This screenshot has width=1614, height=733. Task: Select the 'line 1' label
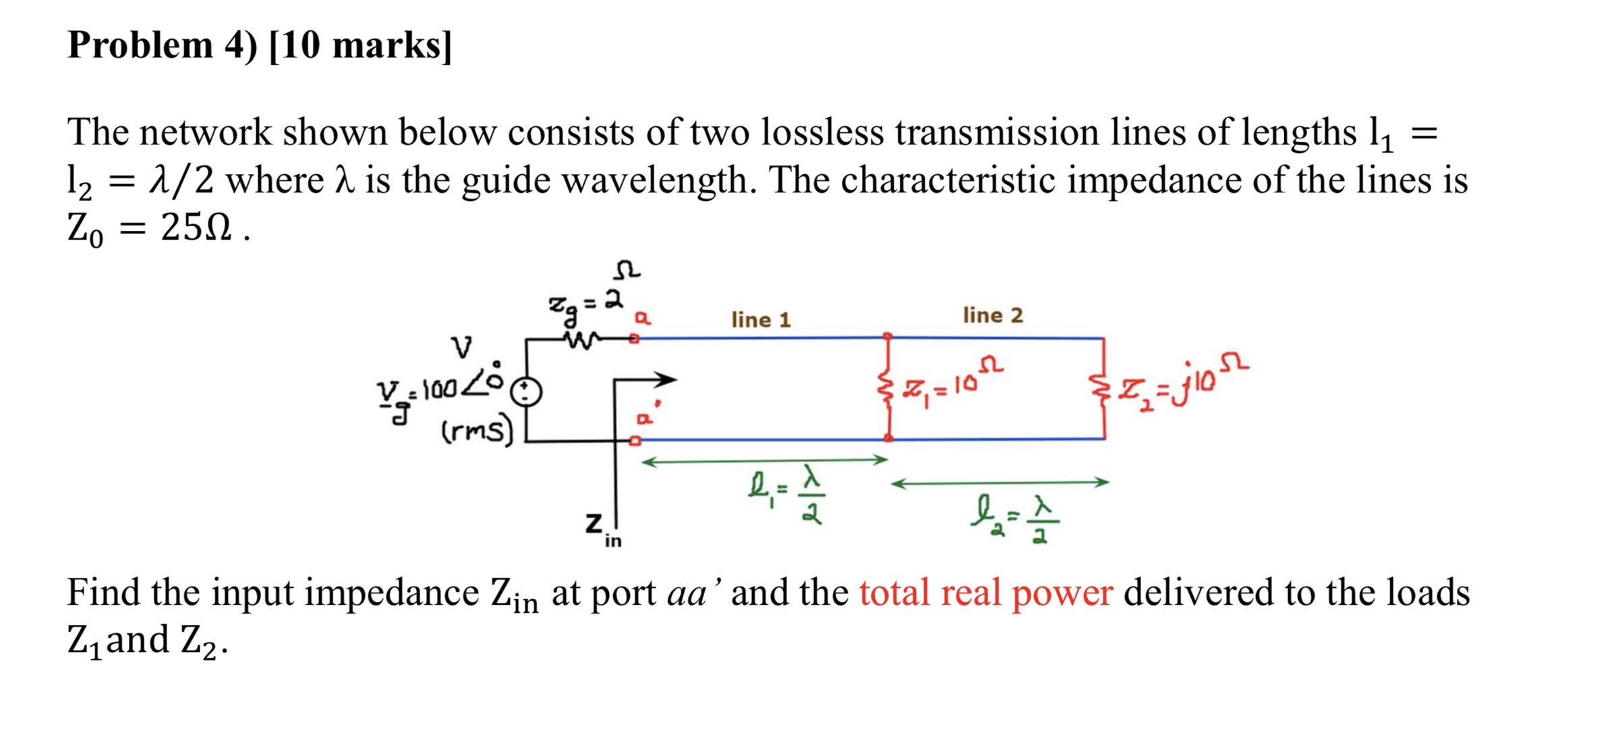[x=761, y=319]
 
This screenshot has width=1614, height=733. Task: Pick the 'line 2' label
[x=992, y=315]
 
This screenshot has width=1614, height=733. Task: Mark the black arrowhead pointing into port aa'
[x=666, y=379]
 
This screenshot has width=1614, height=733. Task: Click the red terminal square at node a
[x=634, y=339]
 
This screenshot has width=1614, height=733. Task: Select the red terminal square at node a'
[x=634, y=441]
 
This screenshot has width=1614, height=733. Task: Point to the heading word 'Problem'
[x=140, y=46]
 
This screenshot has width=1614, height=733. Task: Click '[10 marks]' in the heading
[x=360, y=46]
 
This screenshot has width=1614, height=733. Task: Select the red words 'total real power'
[x=985, y=593]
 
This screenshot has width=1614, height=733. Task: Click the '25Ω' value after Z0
[x=196, y=228]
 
